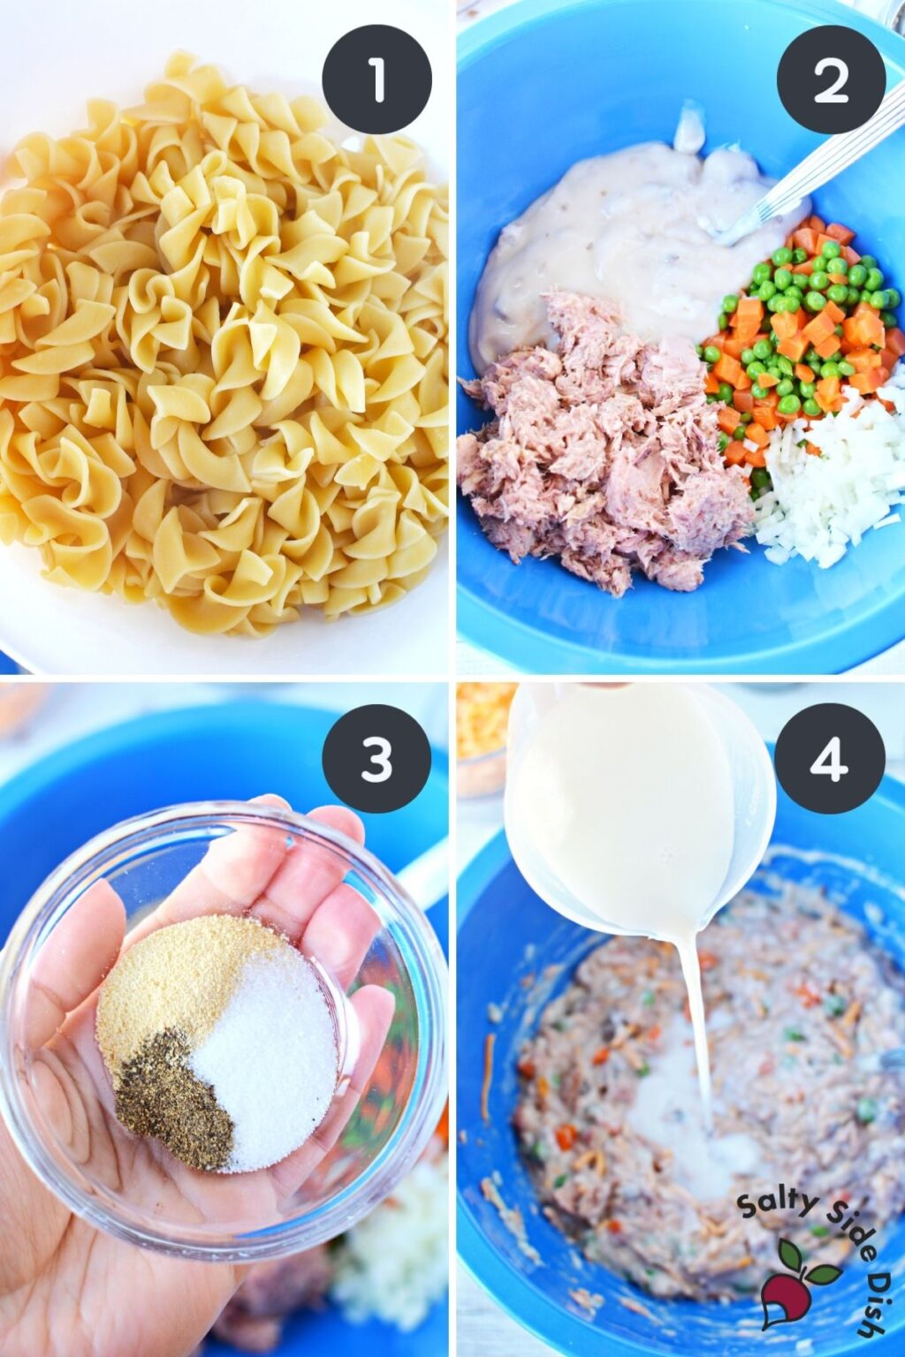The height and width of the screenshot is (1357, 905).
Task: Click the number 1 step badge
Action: [376, 80]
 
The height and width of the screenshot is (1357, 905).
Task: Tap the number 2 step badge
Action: [831, 80]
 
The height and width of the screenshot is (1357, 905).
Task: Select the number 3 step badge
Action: [376, 759]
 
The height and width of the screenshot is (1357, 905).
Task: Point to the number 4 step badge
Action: [831, 759]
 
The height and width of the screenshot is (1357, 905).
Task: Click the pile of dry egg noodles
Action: [221, 345]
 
